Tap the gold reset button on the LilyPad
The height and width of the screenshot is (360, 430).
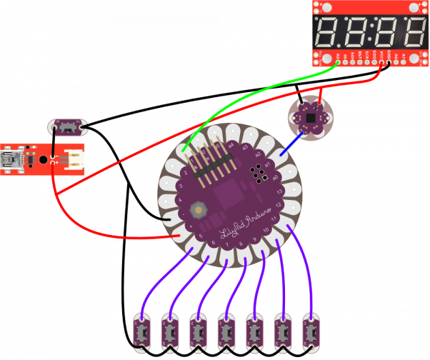click(198, 209)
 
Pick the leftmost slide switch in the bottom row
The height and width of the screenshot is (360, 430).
click(144, 332)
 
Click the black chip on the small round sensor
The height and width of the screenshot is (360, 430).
click(310, 114)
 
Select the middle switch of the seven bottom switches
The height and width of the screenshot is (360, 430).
click(227, 332)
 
